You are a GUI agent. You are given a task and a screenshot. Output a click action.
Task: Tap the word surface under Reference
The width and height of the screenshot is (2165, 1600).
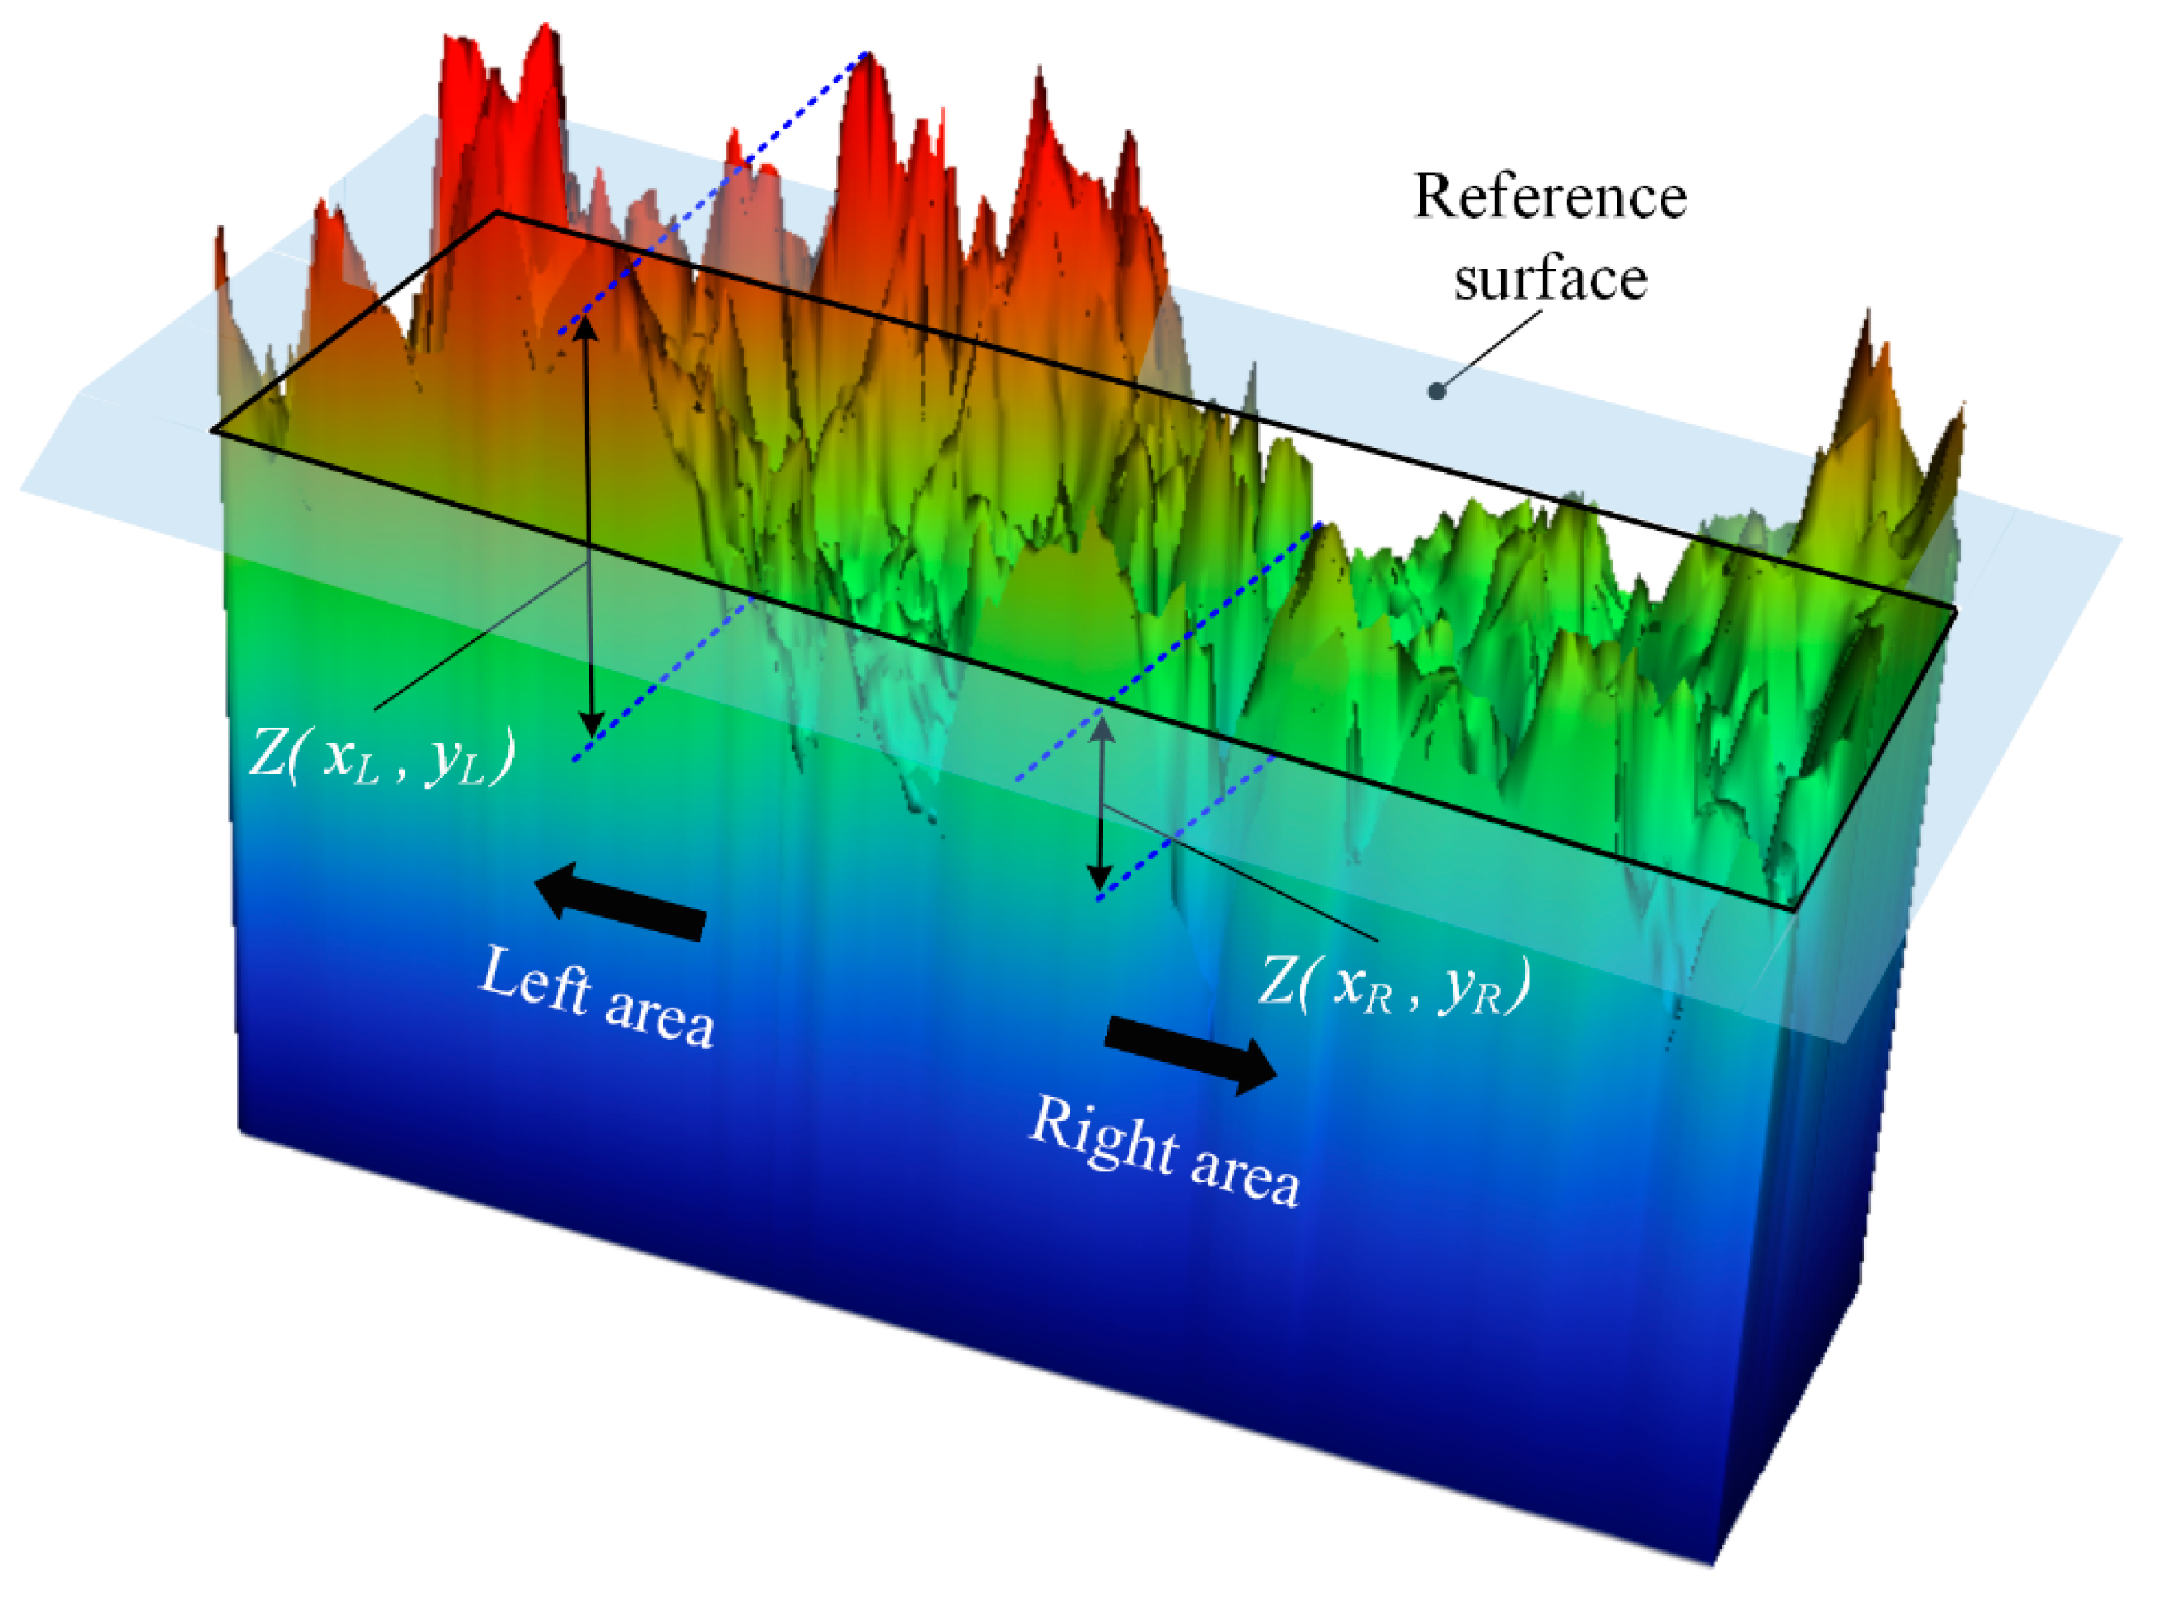(x=1550, y=280)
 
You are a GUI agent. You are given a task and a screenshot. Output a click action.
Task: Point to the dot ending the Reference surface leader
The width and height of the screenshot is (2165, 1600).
(x=1438, y=391)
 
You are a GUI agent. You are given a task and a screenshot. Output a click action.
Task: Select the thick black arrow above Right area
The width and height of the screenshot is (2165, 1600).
(x=1191, y=1056)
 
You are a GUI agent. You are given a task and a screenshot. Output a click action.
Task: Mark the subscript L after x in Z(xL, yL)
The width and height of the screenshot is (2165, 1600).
(x=365, y=773)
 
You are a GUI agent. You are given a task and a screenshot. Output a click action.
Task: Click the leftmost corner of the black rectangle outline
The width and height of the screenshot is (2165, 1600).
(x=213, y=431)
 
